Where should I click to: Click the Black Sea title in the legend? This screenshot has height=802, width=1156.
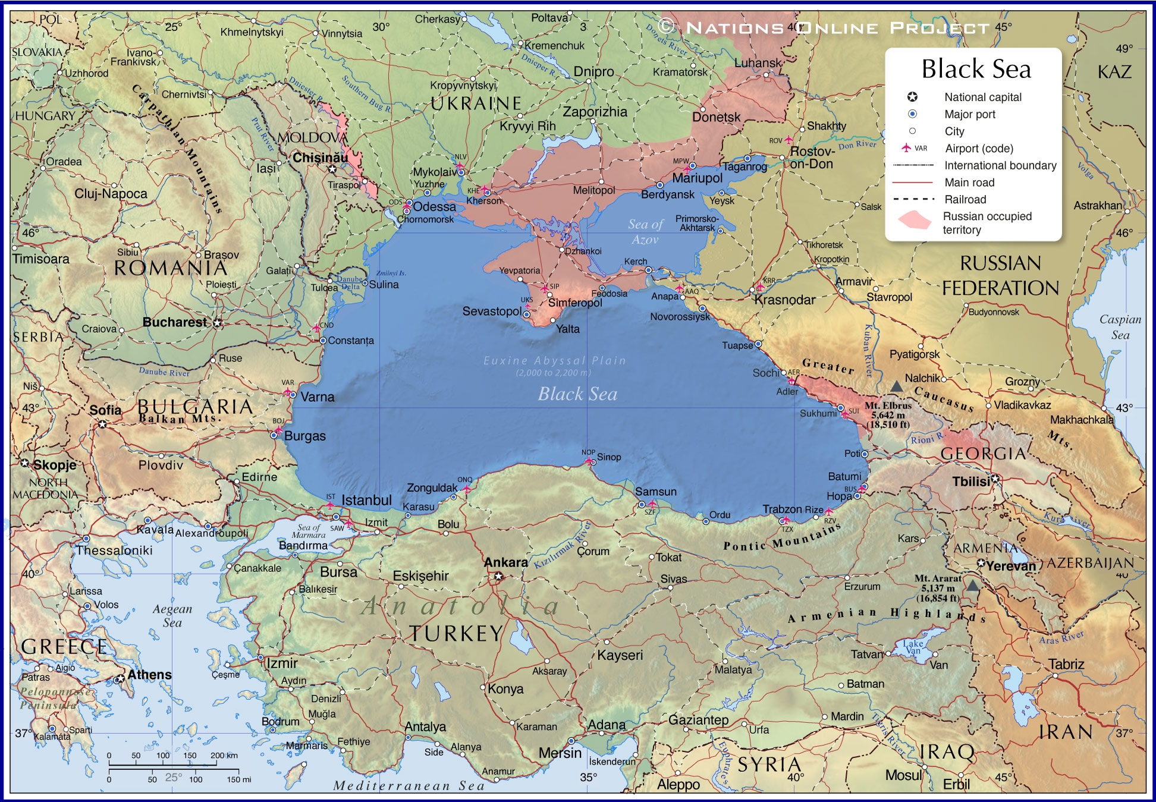[976, 70]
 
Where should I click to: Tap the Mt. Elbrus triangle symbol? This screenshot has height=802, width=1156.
[896, 386]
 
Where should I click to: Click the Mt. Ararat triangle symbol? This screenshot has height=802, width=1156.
[972, 586]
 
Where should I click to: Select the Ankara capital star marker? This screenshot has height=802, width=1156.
[498, 576]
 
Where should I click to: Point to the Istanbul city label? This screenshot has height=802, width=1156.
[366, 501]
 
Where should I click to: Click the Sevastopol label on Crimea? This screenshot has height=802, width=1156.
[491, 311]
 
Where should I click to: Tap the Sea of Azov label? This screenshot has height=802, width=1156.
[645, 232]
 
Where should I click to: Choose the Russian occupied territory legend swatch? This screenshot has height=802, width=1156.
[914, 221]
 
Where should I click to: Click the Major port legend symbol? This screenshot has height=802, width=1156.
[912, 114]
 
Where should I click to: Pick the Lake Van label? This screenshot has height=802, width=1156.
[913, 647]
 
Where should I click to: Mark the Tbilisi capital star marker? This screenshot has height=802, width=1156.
[995, 479]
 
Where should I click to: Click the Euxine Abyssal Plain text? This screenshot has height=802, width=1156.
[554, 361]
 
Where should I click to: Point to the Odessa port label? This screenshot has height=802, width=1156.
[434, 207]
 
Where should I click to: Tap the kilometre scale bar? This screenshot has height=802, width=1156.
[172, 765]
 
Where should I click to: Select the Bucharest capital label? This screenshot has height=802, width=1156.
[174, 322]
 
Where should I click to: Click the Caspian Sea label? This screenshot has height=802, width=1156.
[1120, 327]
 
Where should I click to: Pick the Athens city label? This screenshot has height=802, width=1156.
[149, 675]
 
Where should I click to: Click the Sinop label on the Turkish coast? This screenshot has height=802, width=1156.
[609, 457]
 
